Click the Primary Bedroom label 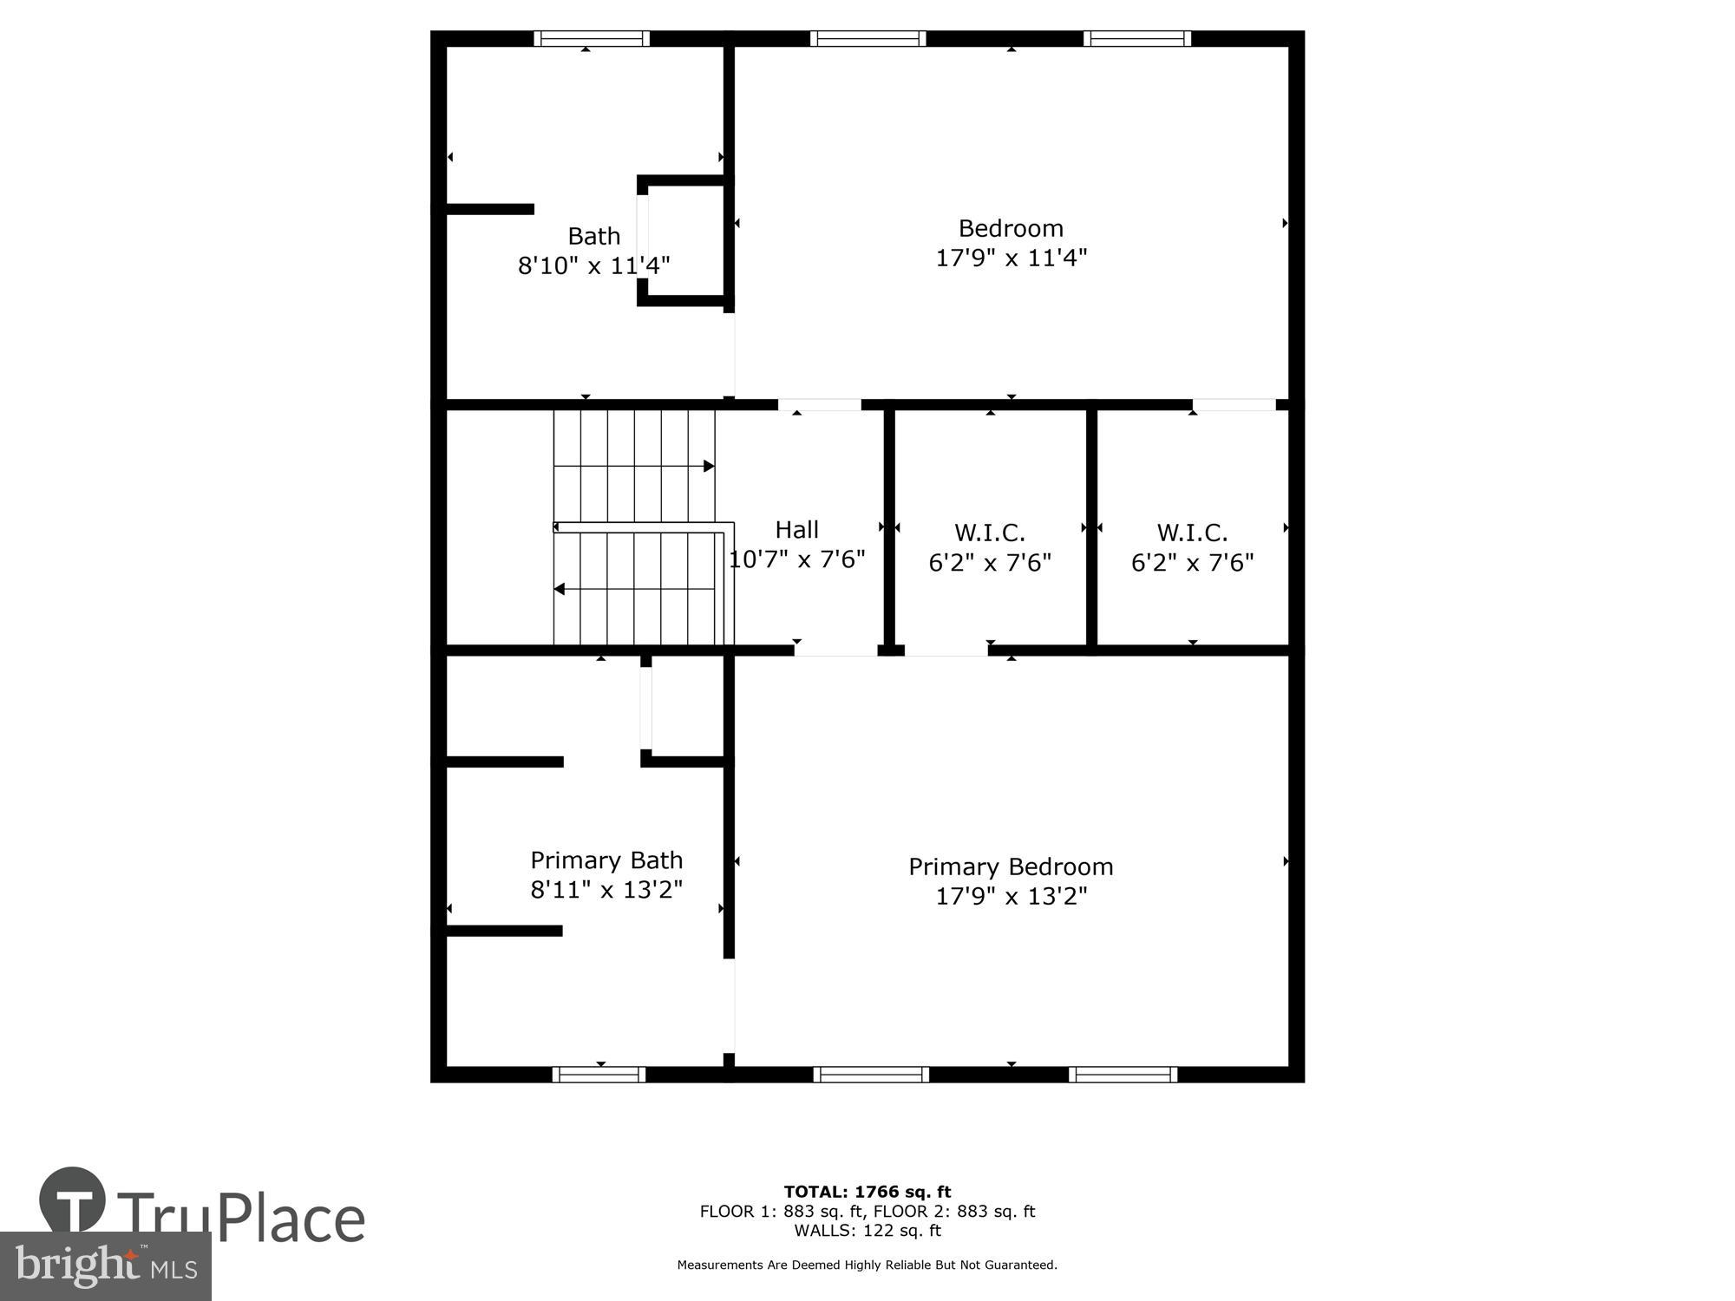pyautogui.click(x=1011, y=866)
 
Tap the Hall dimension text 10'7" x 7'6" pyautogui.click(x=797, y=559)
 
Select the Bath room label pyautogui.click(x=594, y=236)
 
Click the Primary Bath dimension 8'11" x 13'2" pyautogui.click(x=606, y=890)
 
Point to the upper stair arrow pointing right pyautogui.click(x=708, y=467)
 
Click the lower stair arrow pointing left pyautogui.click(x=560, y=590)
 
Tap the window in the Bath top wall pyautogui.click(x=592, y=38)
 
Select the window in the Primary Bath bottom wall pyautogui.click(x=599, y=1075)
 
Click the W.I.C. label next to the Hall pyautogui.click(x=990, y=533)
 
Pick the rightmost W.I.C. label pyautogui.click(x=1192, y=533)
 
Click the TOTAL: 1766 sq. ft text pyautogui.click(x=867, y=1192)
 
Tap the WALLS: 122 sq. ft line pyautogui.click(x=867, y=1230)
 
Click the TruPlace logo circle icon pyautogui.click(x=73, y=1201)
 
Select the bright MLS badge pyautogui.click(x=105, y=1267)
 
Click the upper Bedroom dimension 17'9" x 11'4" pyautogui.click(x=1011, y=258)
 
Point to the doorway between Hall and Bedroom pyautogui.click(x=819, y=405)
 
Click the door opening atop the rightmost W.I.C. pyautogui.click(x=1234, y=405)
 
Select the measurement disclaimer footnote pyautogui.click(x=867, y=1265)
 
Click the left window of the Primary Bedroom pyautogui.click(x=871, y=1075)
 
